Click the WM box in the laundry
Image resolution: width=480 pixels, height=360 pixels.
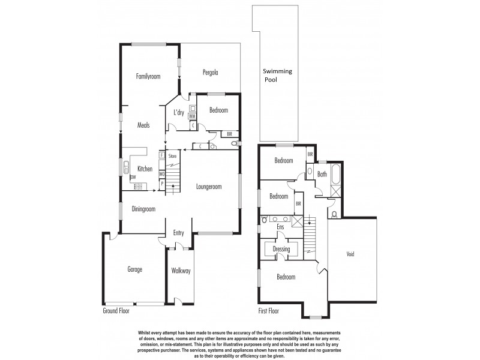point(192,116)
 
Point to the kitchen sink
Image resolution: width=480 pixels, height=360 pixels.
point(127,168)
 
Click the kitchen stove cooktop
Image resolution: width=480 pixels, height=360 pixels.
point(139,186)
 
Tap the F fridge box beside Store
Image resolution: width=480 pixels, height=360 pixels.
point(161,155)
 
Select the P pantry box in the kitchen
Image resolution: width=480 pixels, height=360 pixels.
point(161,184)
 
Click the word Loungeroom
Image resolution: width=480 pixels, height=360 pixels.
point(209,187)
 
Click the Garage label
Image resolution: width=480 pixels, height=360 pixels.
point(134,269)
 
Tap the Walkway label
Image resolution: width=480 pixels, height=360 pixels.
point(181,271)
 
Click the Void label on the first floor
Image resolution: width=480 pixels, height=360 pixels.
point(350,254)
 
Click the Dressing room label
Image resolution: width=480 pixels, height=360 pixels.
point(281,249)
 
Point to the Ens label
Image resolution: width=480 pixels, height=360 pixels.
point(280,227)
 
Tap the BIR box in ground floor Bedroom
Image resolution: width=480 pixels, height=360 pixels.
point(230,134)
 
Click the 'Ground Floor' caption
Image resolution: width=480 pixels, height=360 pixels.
point(115,311)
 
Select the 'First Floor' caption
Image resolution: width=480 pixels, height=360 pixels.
point(269,311)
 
